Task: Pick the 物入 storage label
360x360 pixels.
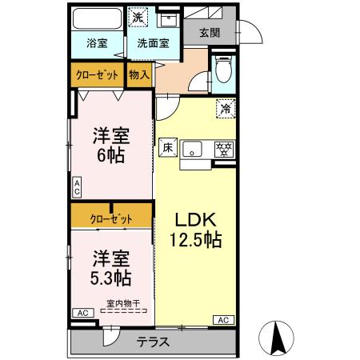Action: tap(138, 74)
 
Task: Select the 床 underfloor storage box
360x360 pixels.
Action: tap(168, 146)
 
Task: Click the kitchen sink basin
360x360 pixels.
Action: tap(194, 148)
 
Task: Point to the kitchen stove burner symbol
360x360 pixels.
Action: tap(226, 148)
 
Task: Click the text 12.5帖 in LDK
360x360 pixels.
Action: tap(194, 238)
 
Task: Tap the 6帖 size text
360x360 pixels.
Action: tap(111, 155)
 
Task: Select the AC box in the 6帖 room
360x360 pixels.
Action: tap(78, 188)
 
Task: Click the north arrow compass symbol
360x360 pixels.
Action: tap(279, 338)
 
